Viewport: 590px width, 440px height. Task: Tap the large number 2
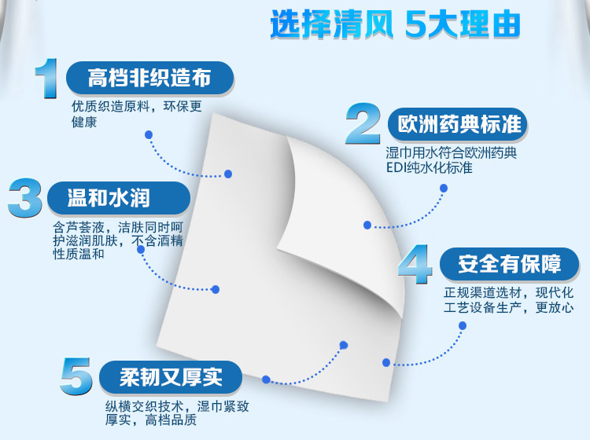click(363, 123)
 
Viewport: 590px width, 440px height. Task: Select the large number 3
click(25, 198)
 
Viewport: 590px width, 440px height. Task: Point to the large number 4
click(415, 264)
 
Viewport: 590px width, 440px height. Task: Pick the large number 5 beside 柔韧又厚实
click(76, 376)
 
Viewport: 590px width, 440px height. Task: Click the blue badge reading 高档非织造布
click(149, 78)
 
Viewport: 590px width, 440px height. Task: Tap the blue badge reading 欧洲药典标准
click(458, 124)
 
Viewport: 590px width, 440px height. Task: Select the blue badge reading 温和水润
click(119, 198)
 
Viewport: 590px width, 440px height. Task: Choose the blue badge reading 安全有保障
click(510, 264)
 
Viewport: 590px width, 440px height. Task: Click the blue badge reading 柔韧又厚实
click(171, 377)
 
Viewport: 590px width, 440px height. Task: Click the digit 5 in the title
click(416, 25)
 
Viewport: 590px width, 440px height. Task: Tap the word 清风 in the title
click(363, 24)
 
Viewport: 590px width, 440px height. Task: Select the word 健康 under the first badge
click(84, 122)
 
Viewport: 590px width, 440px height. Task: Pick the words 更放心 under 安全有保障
click(555, 307)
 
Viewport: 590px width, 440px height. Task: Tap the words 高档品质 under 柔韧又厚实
click(171, 420)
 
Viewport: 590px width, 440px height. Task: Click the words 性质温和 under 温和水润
click(78, 254)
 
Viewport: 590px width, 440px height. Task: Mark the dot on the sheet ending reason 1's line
click(228, 174)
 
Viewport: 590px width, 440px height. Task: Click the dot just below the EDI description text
click(444, 188)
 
